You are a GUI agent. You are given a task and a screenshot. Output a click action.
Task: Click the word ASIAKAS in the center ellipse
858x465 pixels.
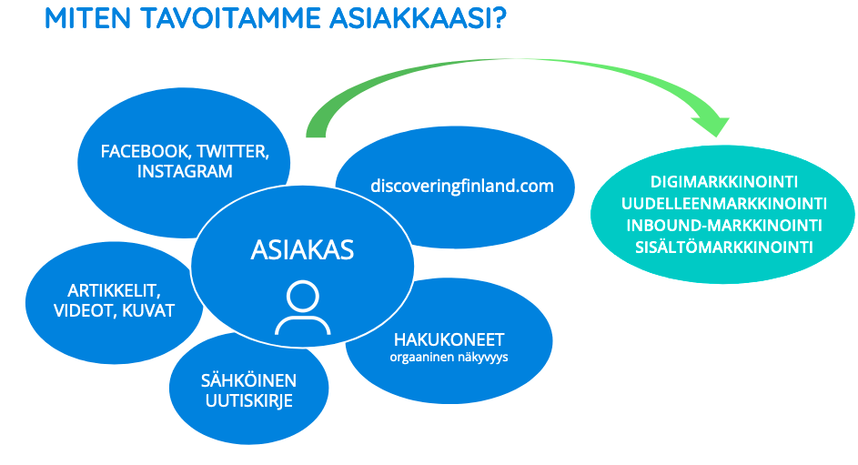point(302,250)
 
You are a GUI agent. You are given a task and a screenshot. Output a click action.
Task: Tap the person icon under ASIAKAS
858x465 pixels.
point(303,307)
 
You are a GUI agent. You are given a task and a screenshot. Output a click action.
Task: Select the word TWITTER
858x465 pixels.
point(233,152)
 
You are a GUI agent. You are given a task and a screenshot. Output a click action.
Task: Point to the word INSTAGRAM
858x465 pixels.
point(185,171)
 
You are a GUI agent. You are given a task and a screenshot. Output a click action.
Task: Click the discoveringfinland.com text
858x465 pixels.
point(462,186)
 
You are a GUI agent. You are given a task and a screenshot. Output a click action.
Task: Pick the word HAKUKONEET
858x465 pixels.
point(449,339)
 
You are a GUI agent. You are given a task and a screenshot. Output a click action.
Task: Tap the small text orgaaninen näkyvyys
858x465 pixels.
point(449,358)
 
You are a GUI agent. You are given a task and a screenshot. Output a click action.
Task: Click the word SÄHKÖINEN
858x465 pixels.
point(248,379)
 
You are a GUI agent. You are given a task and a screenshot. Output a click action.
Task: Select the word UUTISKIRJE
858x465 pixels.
point(249,400)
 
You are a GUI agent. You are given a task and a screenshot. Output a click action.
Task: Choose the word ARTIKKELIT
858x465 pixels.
point(114,290)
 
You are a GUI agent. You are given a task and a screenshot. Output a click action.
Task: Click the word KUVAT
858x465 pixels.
point(148,310)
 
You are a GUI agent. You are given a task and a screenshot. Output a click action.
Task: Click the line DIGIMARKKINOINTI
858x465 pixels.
point(724,182)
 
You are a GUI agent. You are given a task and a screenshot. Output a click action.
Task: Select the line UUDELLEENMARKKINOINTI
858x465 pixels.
point(724,204)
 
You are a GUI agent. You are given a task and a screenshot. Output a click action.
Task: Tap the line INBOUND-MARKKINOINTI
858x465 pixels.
point(724,226)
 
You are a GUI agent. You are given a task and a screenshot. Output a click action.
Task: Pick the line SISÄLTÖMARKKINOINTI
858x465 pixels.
point(724,248)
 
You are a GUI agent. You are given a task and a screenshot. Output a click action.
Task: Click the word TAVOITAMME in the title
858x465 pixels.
point(231,18)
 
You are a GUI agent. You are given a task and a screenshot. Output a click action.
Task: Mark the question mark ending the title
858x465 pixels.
point(499,18)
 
